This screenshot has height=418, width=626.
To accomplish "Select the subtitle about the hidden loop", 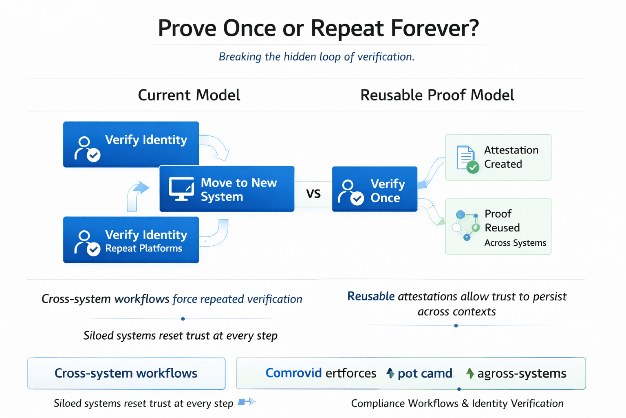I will [x=316, y=57].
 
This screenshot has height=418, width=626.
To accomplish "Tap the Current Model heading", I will [x=189, y=95].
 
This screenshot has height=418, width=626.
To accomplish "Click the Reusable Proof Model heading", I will [x=437, y=95].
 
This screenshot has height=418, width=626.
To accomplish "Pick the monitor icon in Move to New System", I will [x=181, y=189].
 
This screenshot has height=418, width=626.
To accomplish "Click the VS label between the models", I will [x=313, y=193].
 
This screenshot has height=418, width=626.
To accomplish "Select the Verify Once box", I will [x=374, y=189].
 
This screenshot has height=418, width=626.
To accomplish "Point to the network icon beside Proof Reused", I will [x=466, y=225].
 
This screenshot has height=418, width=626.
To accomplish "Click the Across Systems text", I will [x=515, y=243].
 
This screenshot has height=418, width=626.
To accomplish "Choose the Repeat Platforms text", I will [x=143, y=248].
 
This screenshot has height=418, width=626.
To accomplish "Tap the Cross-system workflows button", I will [x=126, y=373].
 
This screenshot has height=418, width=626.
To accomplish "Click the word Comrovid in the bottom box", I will [x=293, y=373].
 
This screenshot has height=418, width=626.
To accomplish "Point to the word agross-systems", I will [x=521, y=373].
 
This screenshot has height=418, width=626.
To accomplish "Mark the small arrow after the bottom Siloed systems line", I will [x=247, y=402].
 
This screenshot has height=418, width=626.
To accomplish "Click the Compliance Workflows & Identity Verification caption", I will [x=457, y=403].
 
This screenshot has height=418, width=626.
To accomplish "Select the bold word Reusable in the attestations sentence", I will [x=370, y=296].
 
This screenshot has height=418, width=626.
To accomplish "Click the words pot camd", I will [x=425, y=373].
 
